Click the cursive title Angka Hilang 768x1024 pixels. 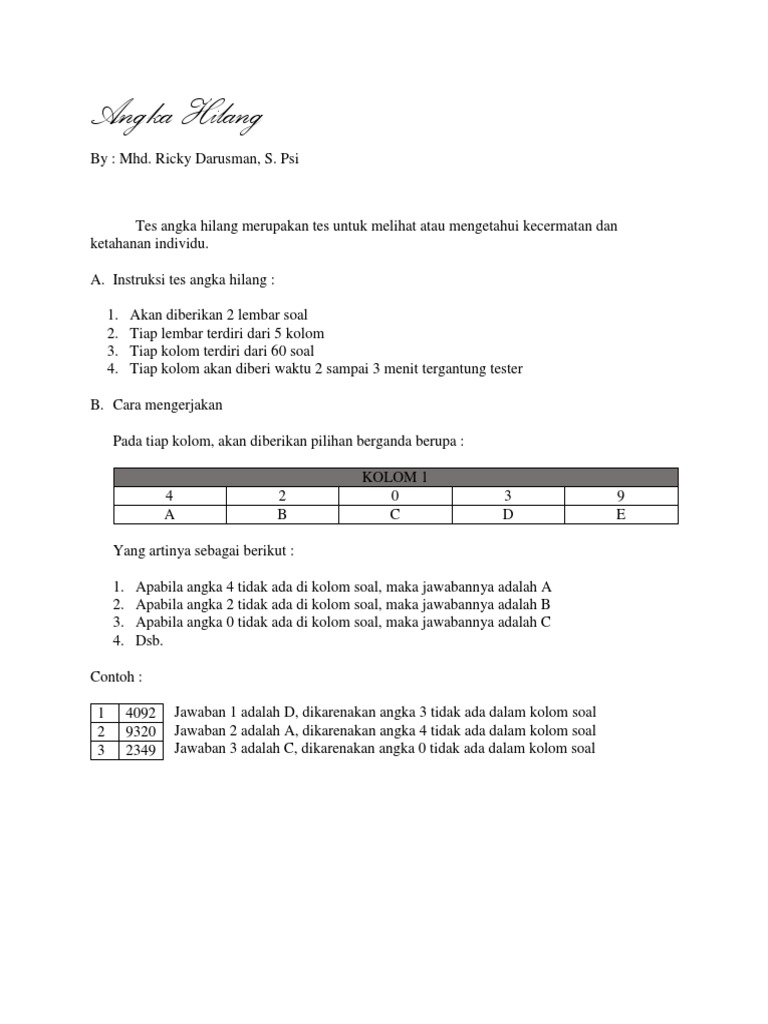click(177, 118)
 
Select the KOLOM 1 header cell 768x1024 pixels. click(396, 477)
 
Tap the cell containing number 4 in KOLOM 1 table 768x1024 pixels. click(170, 496)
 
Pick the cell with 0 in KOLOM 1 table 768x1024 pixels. click(396, 496)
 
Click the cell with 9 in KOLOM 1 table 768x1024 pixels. click(621, 496)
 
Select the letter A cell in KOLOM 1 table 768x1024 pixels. click(170, 515)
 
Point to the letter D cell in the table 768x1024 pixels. click(508, 515)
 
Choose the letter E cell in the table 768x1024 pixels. click(621, 515)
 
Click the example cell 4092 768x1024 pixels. click(139, 714)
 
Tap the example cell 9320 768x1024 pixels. click(139, 732)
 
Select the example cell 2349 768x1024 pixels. click(139, 750)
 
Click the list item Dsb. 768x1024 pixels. click(146, 641)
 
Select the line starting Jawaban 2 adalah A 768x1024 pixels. click(385, 730)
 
